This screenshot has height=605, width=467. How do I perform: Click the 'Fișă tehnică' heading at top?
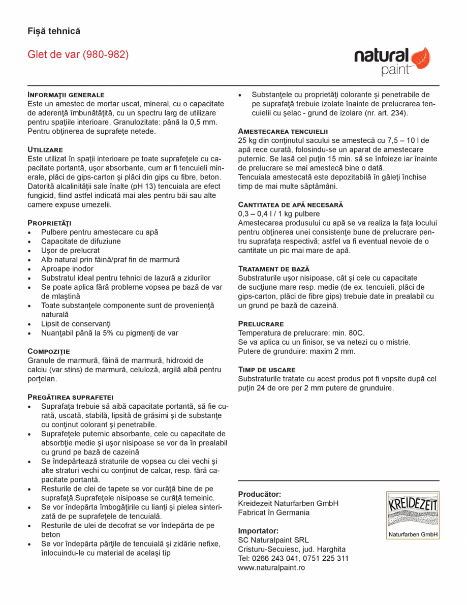tap(54, 31)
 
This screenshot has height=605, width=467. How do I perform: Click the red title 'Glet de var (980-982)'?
tap(78, 54)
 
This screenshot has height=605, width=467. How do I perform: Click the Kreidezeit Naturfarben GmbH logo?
tap(412, 515)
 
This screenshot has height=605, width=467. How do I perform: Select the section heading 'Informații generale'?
tap(66, 95)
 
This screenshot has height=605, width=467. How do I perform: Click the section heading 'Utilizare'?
tap(45, 149)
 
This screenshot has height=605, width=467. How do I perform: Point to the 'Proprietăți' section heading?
tap(49, 223)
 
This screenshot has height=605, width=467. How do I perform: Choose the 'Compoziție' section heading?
tap(49, 351)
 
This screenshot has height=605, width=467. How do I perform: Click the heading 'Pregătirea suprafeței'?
tap(70, 397)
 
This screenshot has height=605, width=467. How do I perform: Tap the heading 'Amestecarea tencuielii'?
tap(283, 131)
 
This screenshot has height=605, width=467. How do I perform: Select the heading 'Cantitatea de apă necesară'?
tap(291, 204)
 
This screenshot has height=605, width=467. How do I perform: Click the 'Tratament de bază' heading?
tap(273, 268)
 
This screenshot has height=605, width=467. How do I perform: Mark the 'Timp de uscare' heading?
tap(267, 370)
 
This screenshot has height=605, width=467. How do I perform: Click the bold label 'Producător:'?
tap(260, 494)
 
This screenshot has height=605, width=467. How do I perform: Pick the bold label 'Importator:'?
tap(258, 531)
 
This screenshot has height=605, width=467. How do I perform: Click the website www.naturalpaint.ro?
tap(271, 567)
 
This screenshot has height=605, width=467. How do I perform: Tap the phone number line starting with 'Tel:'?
tap(293, 558)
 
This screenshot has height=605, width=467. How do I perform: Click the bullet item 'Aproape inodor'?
tap(67, 269)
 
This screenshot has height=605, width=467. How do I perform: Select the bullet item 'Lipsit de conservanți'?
tap(76, 324)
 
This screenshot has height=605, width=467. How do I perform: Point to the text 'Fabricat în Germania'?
tap(273, 512)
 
